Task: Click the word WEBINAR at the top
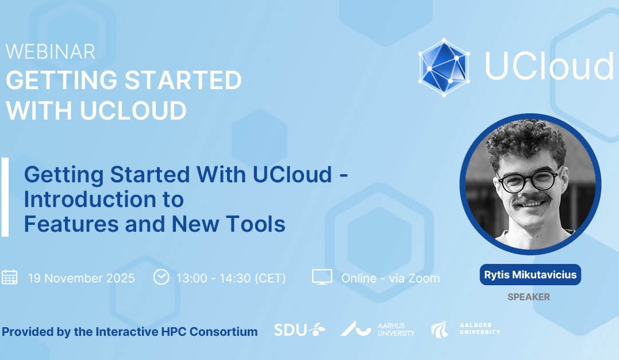pyautogui.click(x=51, y=52)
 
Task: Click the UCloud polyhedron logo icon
pyautogui.click(x=444, y=67)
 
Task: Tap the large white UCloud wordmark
pyautogui.click(x=549, y=66)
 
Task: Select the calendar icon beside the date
pyautogui.click(x=9, y=277)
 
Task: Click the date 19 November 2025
pyautogui.click(x=81, y=278)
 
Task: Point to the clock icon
pyautogui.click(x=161, y=277)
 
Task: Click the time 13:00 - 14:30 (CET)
pyautogui.click(x=231, y=278)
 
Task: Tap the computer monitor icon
pyautogui.click(x=322, y=277)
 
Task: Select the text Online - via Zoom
pyautogui.click(x=390, y=278)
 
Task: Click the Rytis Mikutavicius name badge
pyautogui.click(x=530, y=275)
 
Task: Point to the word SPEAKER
pyautogui.click(x=529, y=297)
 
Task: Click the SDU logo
pyautogui.click(x=299, y=330)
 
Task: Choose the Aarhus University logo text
pyautogui.click(x=396, y=329)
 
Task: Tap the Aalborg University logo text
pyautogui.click(x=480, y=329)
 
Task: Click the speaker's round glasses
pyautogui.click(x=529, y=180)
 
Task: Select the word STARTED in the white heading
pyautogui.click(x=183, y=80)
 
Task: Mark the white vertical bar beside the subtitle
pyautogui.click(x=5, y=197)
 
